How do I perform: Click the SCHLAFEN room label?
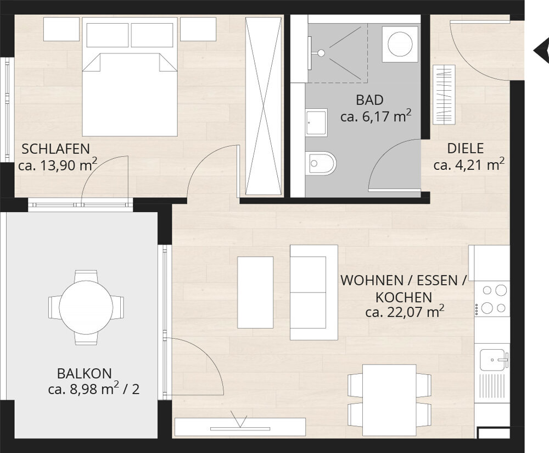coord(55,149)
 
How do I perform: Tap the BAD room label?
coord(369,100)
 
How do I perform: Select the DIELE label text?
coord(466,148)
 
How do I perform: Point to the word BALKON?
coord(85,374)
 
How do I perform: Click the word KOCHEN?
coord(404,297)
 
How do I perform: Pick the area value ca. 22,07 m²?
coord(405,311)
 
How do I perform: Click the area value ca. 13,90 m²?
coord(58,164)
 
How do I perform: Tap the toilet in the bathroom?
coord(321,163)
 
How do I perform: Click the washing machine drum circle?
coord(400,44)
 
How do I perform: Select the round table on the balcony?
coord(86,307)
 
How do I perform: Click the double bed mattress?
coord(130,95)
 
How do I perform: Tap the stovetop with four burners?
coord(492,299)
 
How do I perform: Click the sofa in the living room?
coord(313,292)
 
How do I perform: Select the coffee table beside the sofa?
coord(255,292)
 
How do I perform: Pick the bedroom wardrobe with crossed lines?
coord(264,106)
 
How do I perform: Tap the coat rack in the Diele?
coord(444,95)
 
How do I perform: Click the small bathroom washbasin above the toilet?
coord(317,123)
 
